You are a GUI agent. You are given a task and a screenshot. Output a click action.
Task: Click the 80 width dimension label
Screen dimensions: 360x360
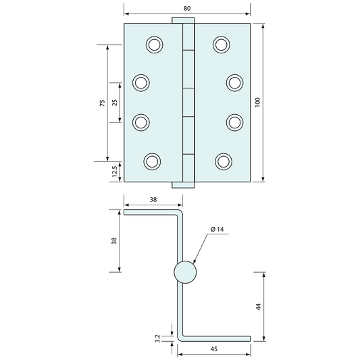(x=187, y=8)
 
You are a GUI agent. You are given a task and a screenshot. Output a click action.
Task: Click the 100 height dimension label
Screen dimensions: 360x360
(x=257, y=103)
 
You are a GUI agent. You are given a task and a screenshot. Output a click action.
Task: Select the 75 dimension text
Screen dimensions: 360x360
(x=101, y=103)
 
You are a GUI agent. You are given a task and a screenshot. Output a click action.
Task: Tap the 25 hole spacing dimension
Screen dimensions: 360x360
(x=114, y=103)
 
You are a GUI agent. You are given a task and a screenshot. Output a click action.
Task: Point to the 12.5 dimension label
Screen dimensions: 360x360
(x=114, y=172)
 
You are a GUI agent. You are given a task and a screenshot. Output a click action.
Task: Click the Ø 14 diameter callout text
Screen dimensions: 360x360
(x=217, y=230)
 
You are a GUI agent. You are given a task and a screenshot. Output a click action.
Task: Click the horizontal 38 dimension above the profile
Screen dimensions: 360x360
(x=153, y=200)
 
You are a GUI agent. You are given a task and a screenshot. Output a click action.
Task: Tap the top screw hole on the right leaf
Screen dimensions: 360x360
(x=222, y=45)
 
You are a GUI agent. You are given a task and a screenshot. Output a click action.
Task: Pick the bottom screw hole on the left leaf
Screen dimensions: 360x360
(x=152, y=161)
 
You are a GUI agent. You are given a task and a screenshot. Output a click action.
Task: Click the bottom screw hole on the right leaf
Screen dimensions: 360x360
(x=224, y=161)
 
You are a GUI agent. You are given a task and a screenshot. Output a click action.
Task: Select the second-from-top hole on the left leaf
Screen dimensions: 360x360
(x=140, y=82)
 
